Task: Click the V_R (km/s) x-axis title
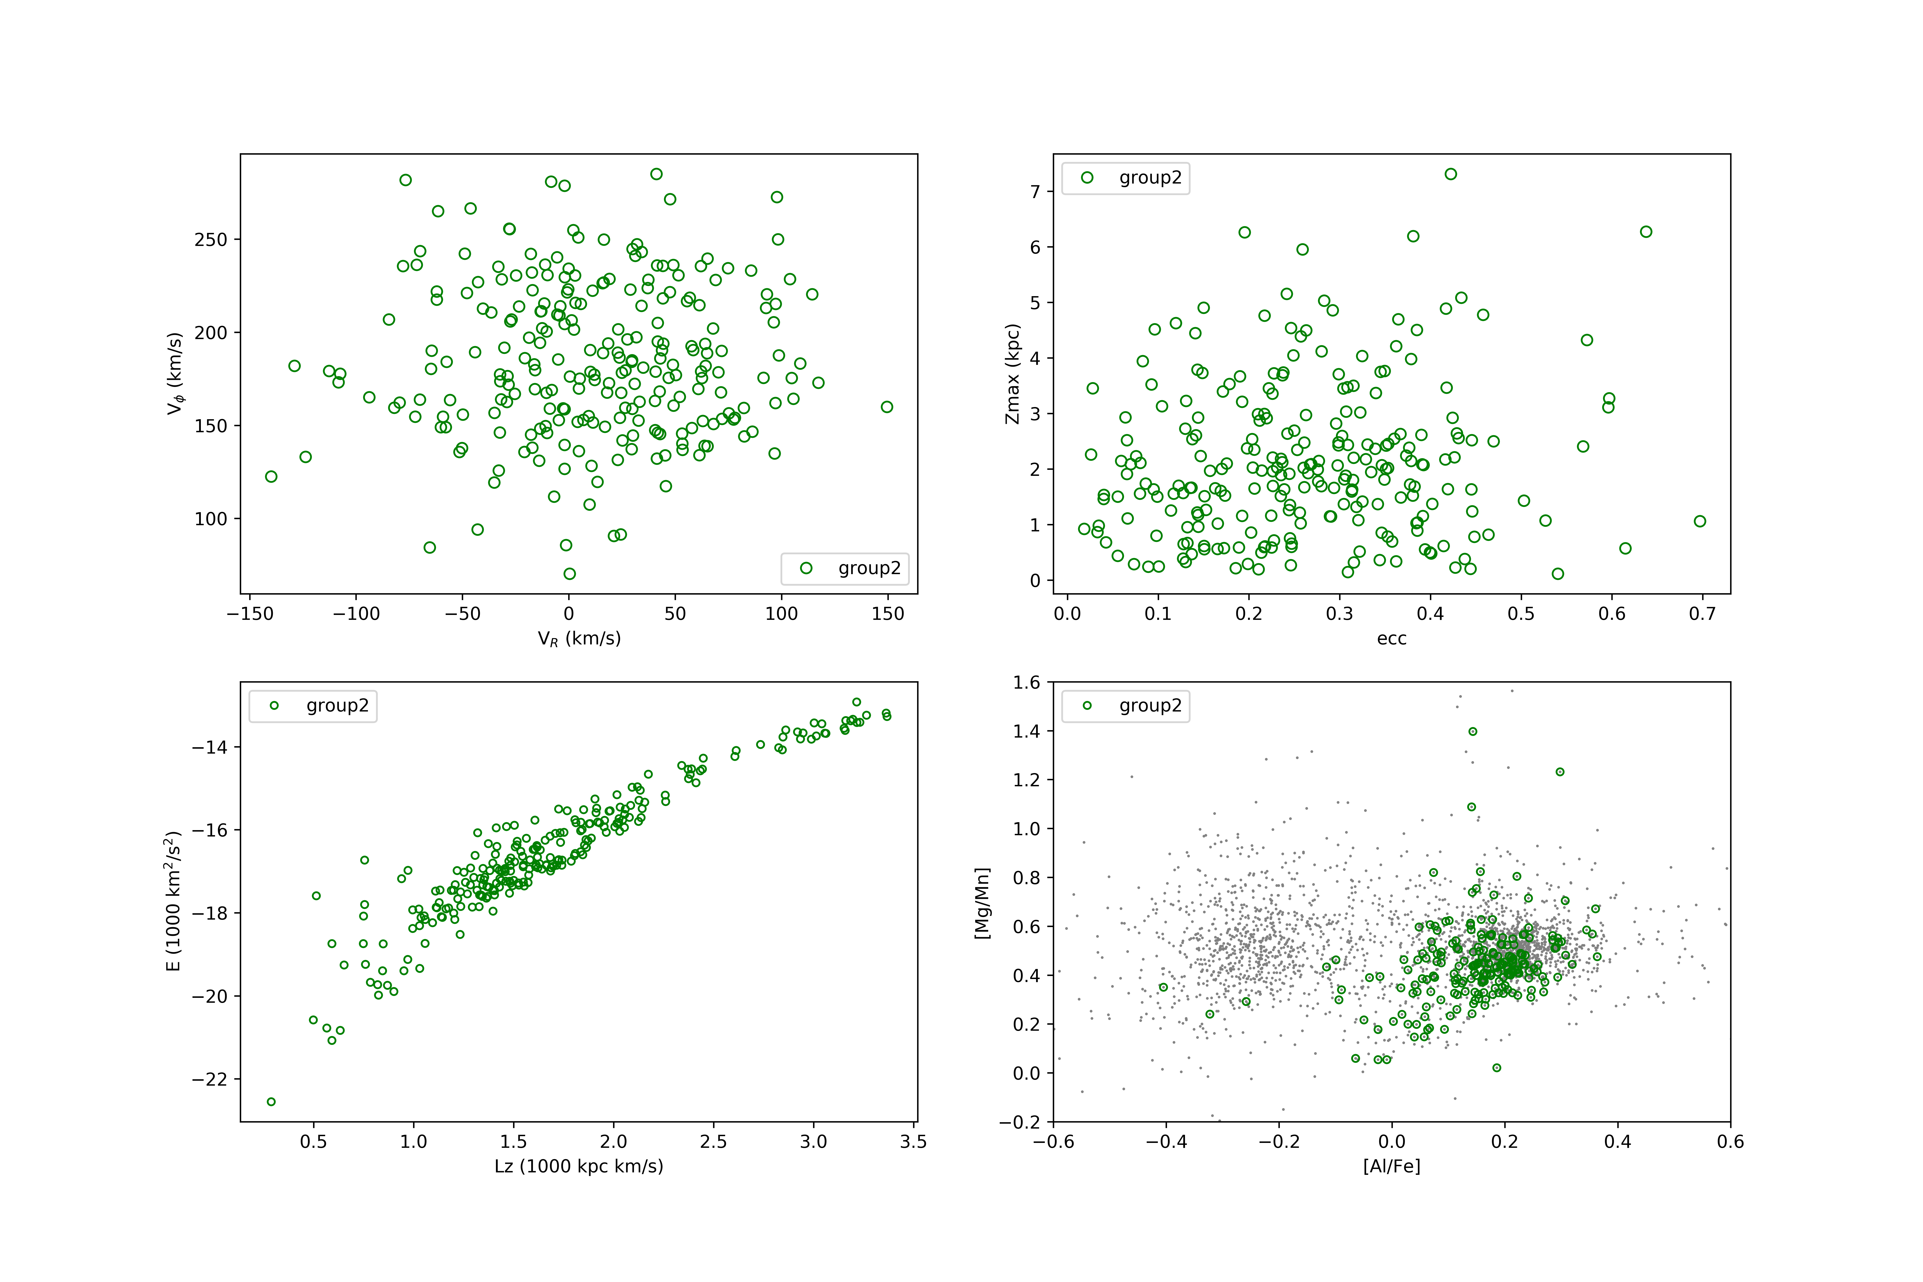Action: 579,639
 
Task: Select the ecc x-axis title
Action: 1392,639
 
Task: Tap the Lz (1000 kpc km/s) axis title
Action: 579,1166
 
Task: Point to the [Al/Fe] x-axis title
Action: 1392,1166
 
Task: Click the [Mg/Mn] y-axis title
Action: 982,903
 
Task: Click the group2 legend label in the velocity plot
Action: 869,568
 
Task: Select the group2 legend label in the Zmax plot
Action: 1150,177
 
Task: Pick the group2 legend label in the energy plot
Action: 338,706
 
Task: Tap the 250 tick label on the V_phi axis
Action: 211,240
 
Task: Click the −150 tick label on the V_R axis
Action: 250,614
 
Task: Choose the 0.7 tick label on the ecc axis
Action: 1702,614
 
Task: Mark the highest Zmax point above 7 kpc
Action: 1450,174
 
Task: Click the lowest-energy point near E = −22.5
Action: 271,1101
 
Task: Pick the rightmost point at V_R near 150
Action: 887,407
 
